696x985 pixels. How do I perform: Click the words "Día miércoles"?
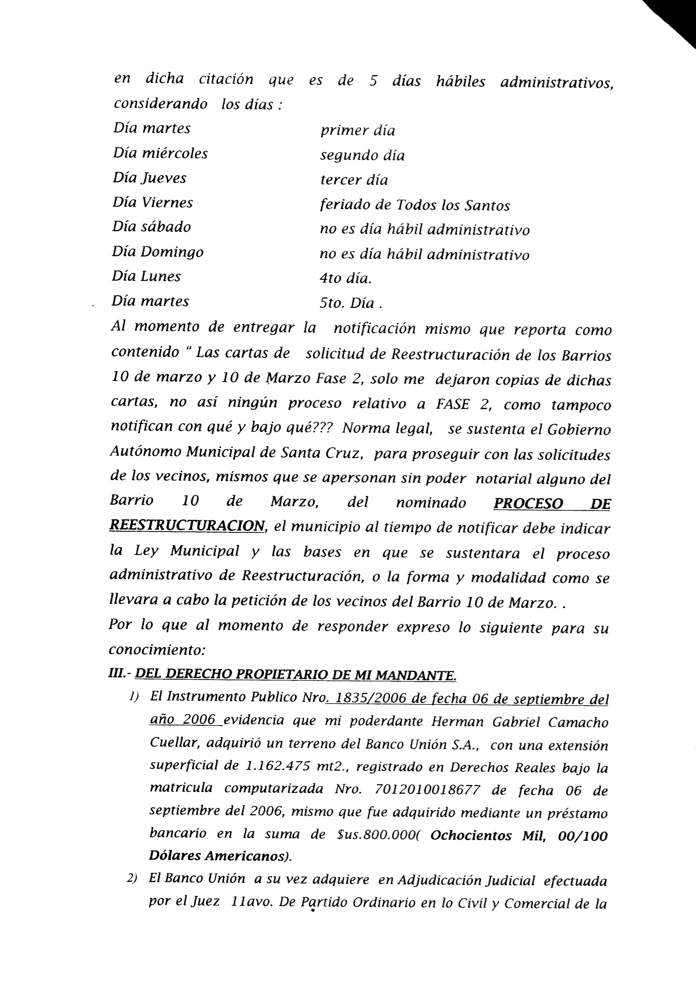pos(160,154)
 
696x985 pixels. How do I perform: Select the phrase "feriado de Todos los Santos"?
pos(415,206)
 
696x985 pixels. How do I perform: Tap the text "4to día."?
pos(345,279)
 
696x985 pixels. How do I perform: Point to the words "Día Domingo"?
pos(157,252)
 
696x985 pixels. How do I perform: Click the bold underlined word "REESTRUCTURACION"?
pos(187,525)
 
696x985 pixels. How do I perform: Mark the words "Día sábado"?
pos(152,227)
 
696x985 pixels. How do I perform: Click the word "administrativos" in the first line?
pos(557,83)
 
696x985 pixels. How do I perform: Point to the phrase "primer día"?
pos(357,131)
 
